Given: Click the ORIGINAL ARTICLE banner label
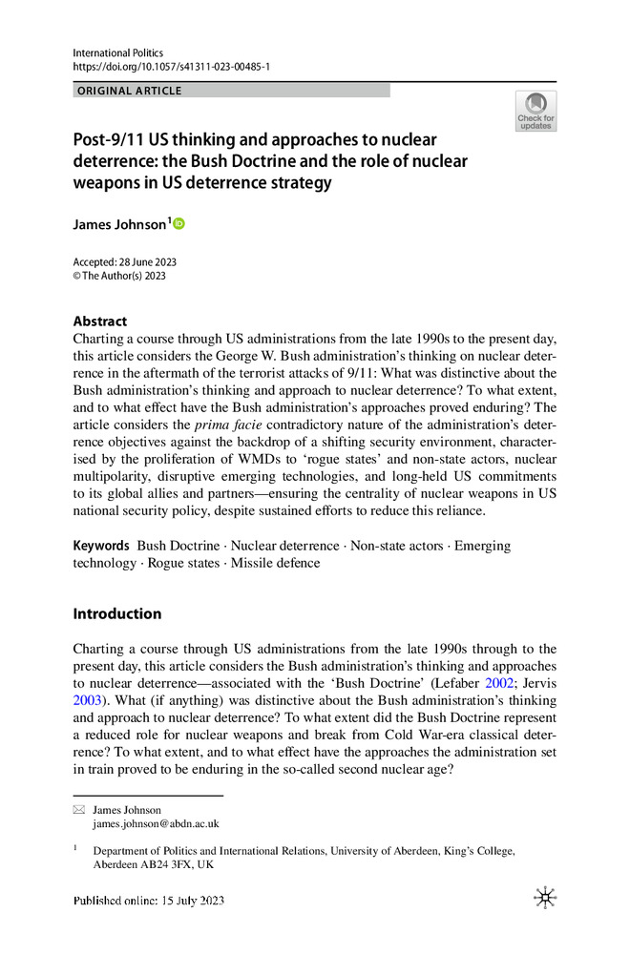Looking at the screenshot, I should [130, 91].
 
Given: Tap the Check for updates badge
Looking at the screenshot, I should [535, 111].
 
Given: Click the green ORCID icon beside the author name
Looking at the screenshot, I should [178, 223].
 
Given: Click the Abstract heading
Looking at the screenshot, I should [100, 321].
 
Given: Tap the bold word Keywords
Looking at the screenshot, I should [101, 546].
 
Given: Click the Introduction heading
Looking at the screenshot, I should [117, 613].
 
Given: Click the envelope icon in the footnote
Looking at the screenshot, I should [79, 810].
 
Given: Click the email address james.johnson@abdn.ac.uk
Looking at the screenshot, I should [156, 823].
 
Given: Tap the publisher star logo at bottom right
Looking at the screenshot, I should [545, 898].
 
